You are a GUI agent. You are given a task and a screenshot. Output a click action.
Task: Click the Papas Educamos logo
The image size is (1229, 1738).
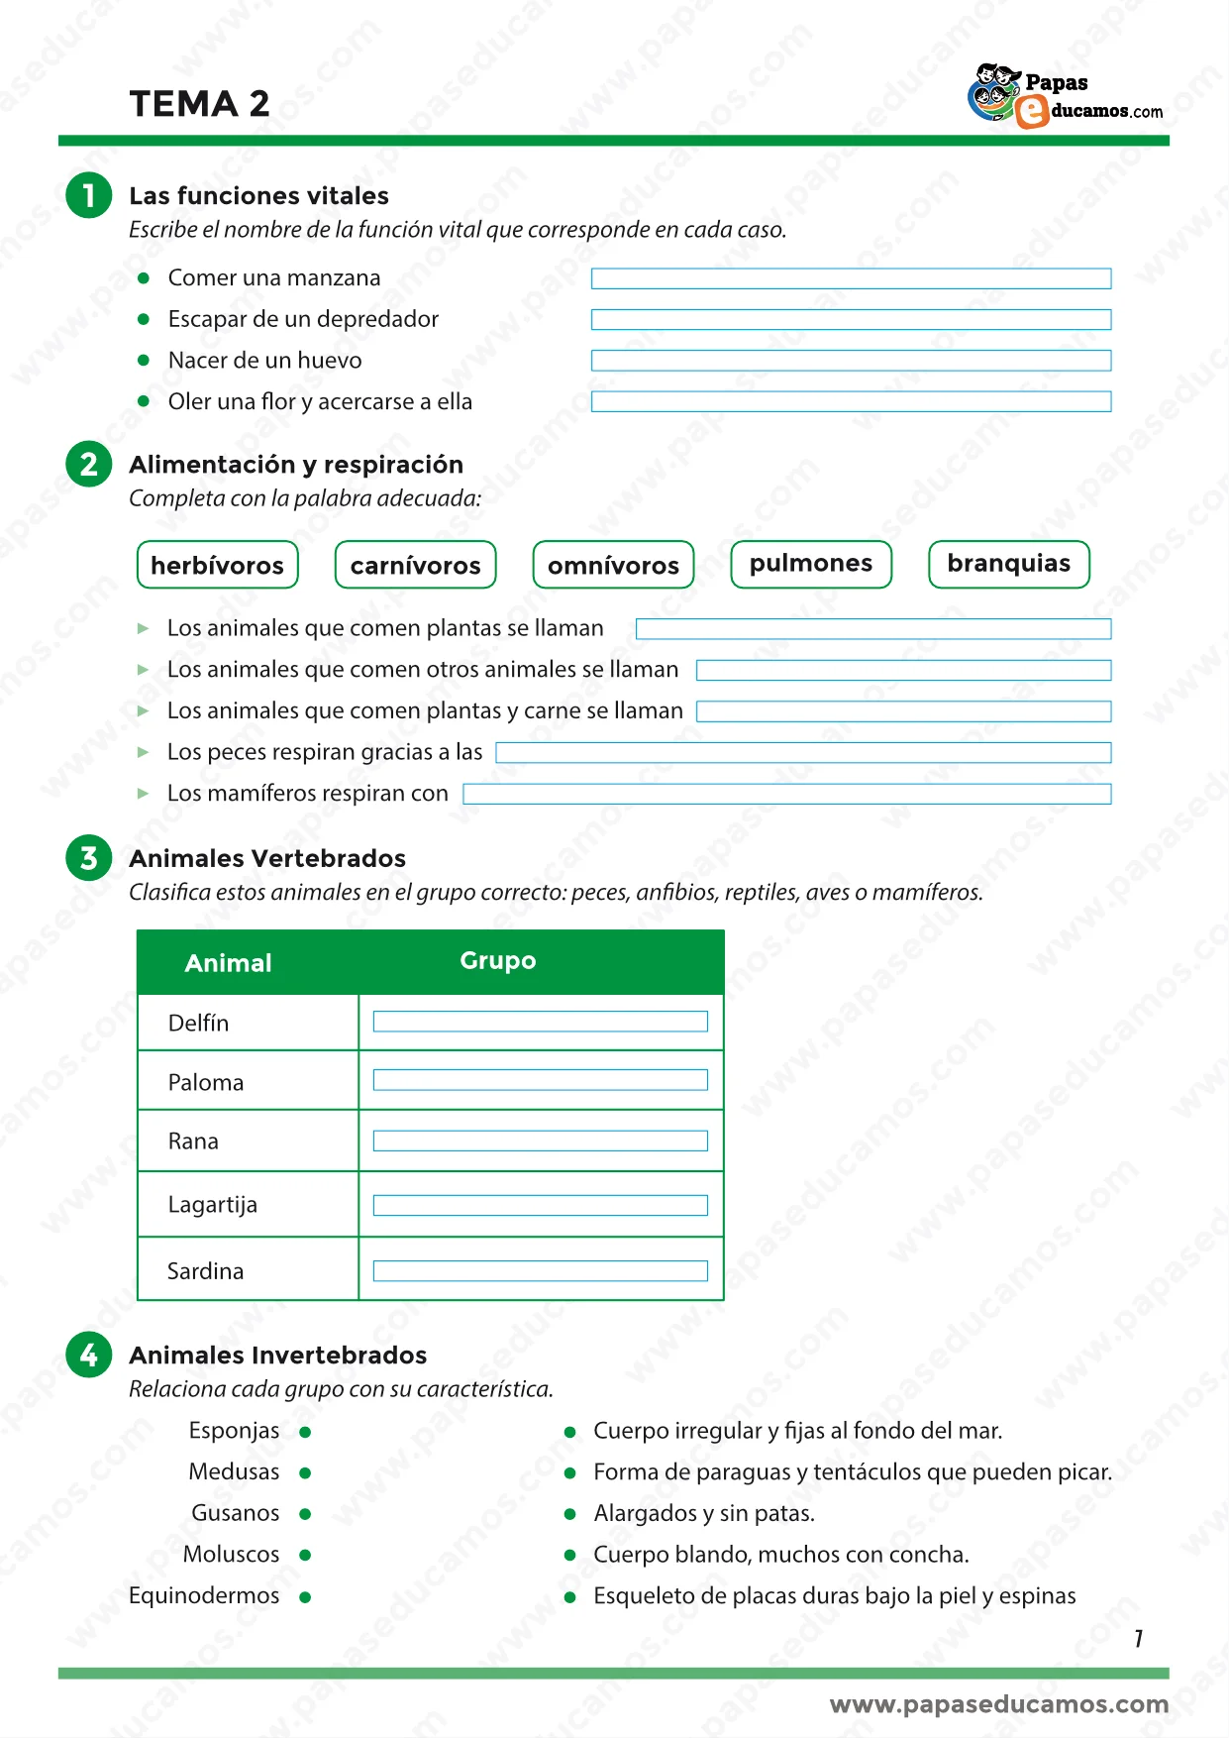point(1065,96)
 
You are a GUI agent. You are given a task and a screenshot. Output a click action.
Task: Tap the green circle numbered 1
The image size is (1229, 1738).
point(88,194)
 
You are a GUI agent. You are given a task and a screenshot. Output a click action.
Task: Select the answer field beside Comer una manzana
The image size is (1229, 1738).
point(851,278)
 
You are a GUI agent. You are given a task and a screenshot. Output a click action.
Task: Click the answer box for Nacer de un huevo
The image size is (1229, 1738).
point(851,361)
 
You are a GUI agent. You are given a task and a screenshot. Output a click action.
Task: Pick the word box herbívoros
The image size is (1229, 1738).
point(217,565)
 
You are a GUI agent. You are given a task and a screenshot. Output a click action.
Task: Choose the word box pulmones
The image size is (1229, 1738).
point(810,564)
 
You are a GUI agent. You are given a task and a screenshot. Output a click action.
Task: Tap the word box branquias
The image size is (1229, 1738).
point(1008,564)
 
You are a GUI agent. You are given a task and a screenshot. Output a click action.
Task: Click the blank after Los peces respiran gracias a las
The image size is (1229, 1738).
point(803,753)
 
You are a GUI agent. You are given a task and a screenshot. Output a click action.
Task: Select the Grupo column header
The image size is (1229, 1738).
point(498,961)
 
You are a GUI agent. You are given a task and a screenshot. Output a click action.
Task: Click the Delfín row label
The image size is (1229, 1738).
point(198,1023)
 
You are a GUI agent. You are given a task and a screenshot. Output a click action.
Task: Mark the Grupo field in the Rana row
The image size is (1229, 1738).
point(540,1141)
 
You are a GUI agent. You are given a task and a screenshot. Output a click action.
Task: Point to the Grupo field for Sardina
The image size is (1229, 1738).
point(540,1271)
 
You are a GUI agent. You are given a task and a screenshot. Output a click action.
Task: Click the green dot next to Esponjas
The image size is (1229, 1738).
point(305,1432)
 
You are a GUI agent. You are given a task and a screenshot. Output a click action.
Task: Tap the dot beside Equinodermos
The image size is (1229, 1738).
point(305,1597)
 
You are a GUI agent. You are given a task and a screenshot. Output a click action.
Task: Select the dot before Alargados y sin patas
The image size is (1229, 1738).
point(569,1514)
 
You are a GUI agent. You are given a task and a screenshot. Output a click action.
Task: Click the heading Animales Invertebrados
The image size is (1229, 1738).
point(277,1356)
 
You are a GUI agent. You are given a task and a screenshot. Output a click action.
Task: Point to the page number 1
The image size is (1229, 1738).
point(1139,1639)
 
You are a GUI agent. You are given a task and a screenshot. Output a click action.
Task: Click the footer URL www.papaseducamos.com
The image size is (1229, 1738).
point(998,1704)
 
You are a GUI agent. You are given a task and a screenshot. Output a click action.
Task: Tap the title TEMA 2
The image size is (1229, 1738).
point(199,104)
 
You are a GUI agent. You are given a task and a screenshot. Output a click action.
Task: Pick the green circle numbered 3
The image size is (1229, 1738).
point(88,858)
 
